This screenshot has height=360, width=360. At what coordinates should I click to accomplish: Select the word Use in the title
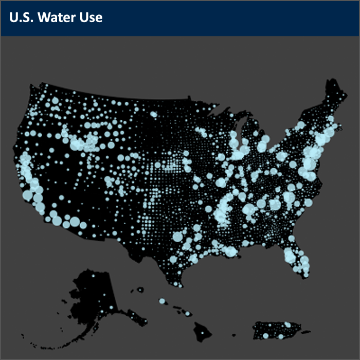click(91, 17)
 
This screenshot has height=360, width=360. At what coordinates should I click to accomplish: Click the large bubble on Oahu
click(162, 301)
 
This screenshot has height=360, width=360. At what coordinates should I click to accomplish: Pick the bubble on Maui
click(188, 313)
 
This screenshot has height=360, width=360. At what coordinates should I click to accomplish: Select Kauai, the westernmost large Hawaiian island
click(139, 291)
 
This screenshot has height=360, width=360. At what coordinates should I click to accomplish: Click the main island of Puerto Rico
click(275, 330)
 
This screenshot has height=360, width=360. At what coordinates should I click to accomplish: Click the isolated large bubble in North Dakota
click(153, 114)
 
